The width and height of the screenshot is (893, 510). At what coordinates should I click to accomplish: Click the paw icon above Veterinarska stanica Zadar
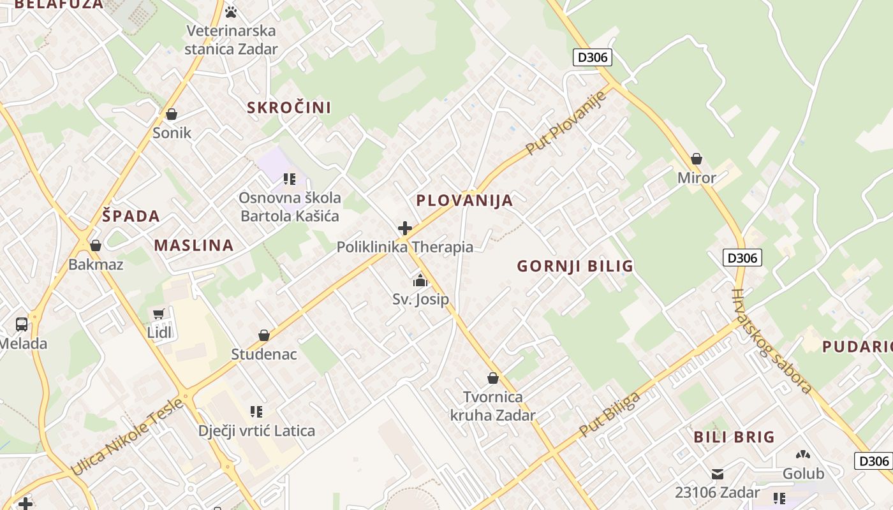coord(231,11)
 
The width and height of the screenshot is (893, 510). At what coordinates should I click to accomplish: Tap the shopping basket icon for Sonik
coord(171,114)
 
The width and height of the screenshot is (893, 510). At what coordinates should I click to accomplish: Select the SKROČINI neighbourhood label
coord(289,107)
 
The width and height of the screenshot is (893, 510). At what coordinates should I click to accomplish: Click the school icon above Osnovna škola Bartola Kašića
coord(290,178)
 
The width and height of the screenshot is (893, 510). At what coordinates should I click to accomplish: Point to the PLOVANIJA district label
coord(464,200)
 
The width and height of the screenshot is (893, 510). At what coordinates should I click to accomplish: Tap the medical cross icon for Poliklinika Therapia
coord(404,228)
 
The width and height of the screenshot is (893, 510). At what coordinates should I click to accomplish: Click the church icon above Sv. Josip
coord(420,280)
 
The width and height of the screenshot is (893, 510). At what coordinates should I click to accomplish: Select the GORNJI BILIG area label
coord(575,266)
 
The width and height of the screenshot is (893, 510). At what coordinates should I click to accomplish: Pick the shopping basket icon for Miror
coord(697,158)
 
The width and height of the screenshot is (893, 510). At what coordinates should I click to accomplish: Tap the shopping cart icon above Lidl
coord(159,314)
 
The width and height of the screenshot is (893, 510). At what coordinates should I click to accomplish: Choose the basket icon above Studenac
coord(263,335)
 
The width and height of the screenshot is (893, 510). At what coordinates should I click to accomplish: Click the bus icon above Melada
coord(22,324)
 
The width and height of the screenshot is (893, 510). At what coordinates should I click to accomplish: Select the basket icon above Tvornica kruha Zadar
coord(492,378)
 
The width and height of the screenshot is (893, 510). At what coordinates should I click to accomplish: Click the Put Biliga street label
coord(609,414)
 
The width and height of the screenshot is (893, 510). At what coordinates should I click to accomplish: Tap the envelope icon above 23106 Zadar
coord(718,474)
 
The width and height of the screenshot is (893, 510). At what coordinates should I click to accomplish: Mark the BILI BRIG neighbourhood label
coord(734,437)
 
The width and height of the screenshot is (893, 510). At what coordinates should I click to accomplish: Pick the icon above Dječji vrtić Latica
coord(256,412)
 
